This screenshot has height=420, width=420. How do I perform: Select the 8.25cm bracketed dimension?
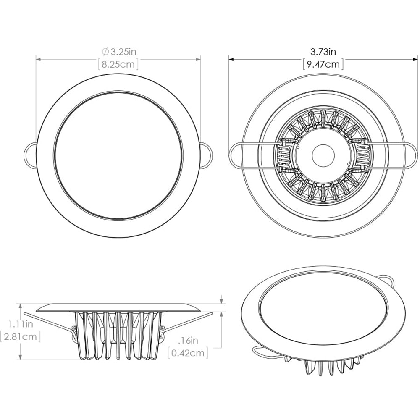point(118,65)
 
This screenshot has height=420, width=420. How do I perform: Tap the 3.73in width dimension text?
point(323,52)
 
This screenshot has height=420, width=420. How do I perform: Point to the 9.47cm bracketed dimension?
point(323,64)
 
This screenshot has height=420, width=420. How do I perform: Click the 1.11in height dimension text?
point(21,324)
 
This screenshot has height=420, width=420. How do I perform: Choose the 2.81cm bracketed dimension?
point(21,336)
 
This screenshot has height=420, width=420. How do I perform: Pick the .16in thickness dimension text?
point(188,340)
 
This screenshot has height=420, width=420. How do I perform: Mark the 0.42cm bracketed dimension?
point(188,353)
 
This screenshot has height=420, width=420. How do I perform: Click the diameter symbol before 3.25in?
point(105,52)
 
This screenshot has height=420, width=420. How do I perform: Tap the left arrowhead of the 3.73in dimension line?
point(231,59)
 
